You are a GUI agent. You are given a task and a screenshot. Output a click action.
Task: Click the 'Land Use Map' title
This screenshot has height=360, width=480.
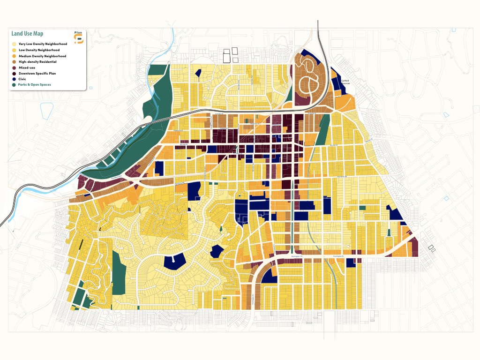pos(27,34)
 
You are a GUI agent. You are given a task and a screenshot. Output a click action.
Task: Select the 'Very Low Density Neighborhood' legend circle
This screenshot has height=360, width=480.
pos(14,44)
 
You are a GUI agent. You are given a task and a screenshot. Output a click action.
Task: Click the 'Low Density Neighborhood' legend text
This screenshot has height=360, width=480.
pos(39,50)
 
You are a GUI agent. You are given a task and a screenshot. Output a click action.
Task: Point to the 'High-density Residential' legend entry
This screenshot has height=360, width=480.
pos(37,62)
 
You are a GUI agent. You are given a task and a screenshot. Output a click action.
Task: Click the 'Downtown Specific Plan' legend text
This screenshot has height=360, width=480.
pos(38,74)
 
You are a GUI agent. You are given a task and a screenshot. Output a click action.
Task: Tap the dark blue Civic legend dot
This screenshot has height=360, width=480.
pos(14,79)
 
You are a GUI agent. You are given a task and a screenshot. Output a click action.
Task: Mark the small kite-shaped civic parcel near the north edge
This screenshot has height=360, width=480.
pos(199,73)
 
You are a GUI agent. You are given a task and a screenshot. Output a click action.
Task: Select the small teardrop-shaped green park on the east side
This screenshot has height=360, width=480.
pos(389,232)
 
